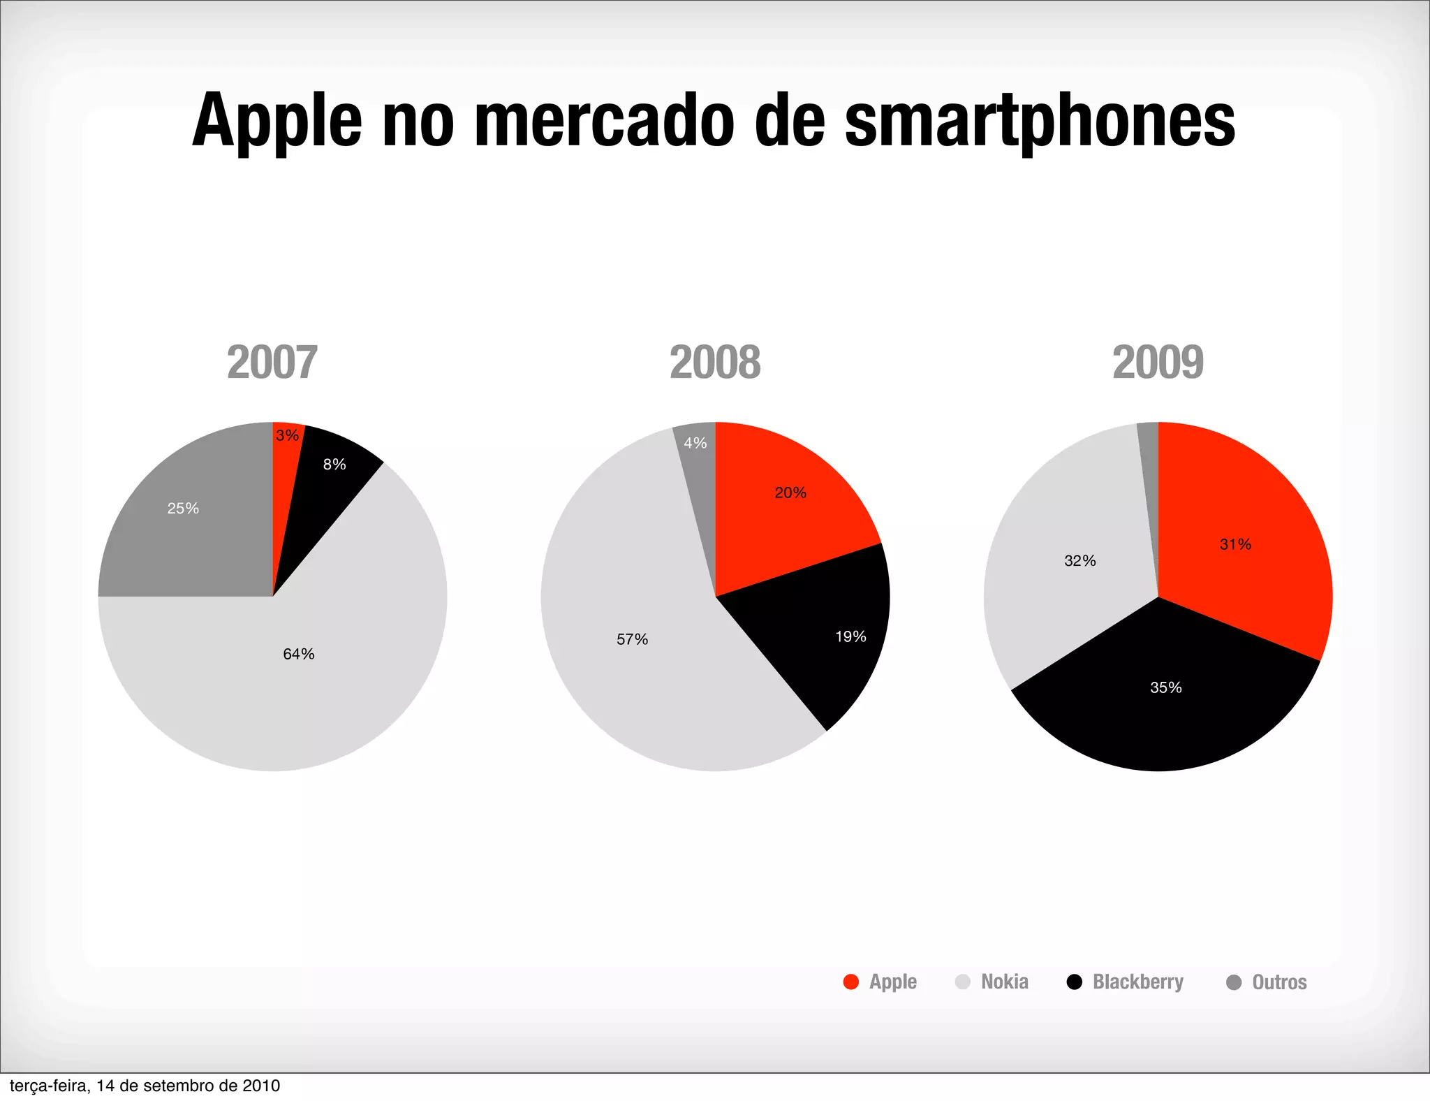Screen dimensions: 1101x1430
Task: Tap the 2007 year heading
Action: click(x=272, y=362)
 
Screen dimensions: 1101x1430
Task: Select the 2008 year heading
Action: click(x=715, y=362)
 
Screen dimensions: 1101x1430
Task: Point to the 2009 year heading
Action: click(x=1158, y=362)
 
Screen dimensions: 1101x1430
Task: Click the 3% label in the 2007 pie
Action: click(x=287, y=436)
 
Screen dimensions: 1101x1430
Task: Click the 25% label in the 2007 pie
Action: click(x=183, y=509)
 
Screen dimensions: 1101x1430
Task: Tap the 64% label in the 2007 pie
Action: click(x=299, y=654)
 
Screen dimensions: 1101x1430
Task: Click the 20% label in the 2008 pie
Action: click(x=790, y=493)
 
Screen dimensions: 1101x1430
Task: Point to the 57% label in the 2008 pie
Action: click(x=632, y=639)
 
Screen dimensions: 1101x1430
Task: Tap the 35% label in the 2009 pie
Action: click(x=1166, y=687)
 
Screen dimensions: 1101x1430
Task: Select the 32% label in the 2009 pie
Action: click(x=1080, y=561)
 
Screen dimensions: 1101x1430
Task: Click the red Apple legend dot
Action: click(x=850, y=982)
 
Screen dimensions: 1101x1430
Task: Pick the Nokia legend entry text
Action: click(x=1005, y=982)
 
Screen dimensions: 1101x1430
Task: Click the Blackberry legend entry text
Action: click(x=1138, y=982)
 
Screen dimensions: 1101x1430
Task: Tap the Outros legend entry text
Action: click(x=1279, y=982)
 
